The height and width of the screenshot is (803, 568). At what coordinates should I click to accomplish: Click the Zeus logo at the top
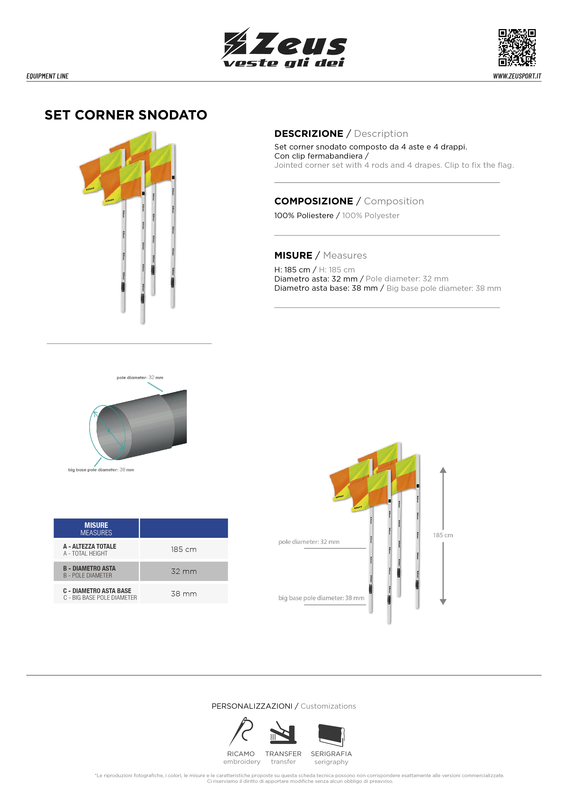point(284,48)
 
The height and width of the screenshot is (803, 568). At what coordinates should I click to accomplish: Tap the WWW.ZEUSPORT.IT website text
point(517,76)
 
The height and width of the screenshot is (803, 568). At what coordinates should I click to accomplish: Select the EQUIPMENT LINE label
point(48,76)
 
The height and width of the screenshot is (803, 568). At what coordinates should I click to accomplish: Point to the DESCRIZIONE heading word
point(308,134)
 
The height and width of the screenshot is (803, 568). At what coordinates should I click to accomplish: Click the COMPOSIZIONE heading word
point(313,201)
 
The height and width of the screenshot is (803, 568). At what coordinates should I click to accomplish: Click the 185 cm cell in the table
point(184,549)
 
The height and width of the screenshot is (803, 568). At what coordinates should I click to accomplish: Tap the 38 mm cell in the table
point(184,594)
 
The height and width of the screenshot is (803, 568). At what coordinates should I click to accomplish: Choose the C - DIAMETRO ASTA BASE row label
point(97,591)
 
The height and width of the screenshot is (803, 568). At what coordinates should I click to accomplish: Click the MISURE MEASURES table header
point(96,529)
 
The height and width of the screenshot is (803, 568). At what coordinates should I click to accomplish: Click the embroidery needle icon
point(241,732)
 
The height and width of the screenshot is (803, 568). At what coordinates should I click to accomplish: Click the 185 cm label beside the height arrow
point(443,535)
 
